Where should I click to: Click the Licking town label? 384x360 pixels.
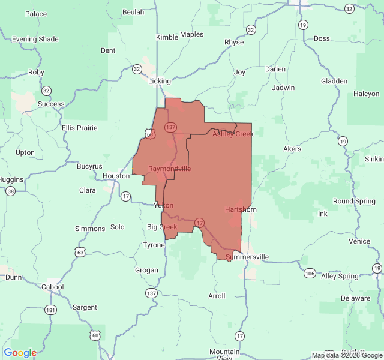tap(160, 81)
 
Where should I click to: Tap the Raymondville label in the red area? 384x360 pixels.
tap(169, 169)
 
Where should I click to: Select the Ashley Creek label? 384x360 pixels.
tap(233, 134)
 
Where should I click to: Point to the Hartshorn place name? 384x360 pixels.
tap(241, 209)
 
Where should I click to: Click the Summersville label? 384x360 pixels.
tap(247, 257)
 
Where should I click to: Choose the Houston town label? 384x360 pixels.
tap(116, 176)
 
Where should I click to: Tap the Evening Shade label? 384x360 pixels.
tap(35, 39)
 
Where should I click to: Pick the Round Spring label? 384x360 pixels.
tap(354, 201)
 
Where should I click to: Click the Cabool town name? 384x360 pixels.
tap(52, 287)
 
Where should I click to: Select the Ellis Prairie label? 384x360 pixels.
tap(79, 128)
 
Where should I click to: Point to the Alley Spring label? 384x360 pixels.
tap(340, 276)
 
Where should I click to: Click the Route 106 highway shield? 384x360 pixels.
tap(310, 274)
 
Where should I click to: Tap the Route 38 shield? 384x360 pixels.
tap(10, 191)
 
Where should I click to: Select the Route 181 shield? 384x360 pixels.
tap(51, 310)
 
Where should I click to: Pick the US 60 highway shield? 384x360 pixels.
tap(95, 334)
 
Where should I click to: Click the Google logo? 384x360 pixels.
tap(20, 353)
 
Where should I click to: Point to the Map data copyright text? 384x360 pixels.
tap(346, 355)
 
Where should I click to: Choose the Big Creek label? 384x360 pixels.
tap(162, 227)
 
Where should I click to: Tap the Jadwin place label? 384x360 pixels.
tap(283, 88)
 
